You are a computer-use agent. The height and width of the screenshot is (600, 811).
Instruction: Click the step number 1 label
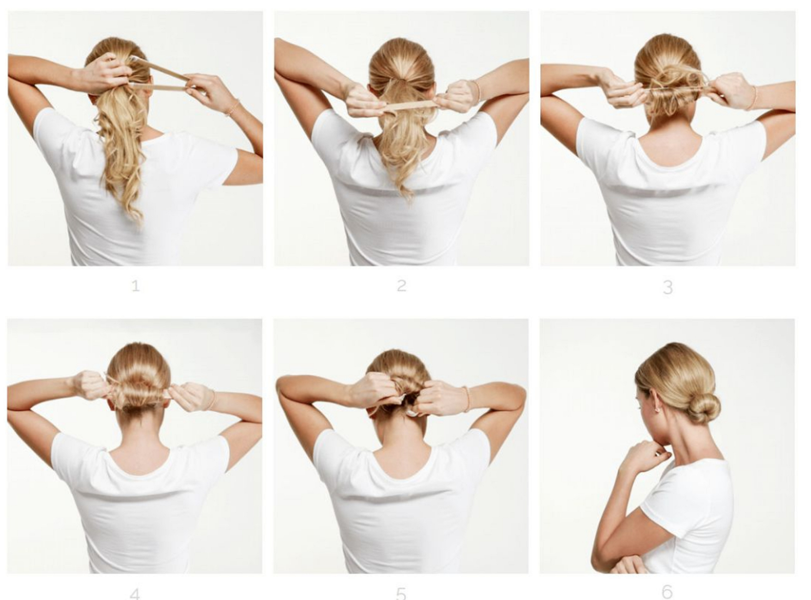tap(135, 286)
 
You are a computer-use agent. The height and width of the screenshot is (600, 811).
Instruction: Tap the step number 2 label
tap(401, 286)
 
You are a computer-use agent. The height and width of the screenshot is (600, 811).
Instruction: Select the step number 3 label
tap(668, 287)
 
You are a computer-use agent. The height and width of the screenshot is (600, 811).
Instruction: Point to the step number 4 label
tap(135, 594)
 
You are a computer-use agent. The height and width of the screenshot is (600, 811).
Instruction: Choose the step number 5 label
tap(401, 594)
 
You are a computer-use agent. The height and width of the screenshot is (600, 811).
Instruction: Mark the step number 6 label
tap(668, 592)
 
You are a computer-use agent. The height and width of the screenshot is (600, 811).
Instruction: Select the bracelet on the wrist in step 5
tap(467, 399)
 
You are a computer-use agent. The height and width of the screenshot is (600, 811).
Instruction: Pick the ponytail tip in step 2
tap(407, 192)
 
